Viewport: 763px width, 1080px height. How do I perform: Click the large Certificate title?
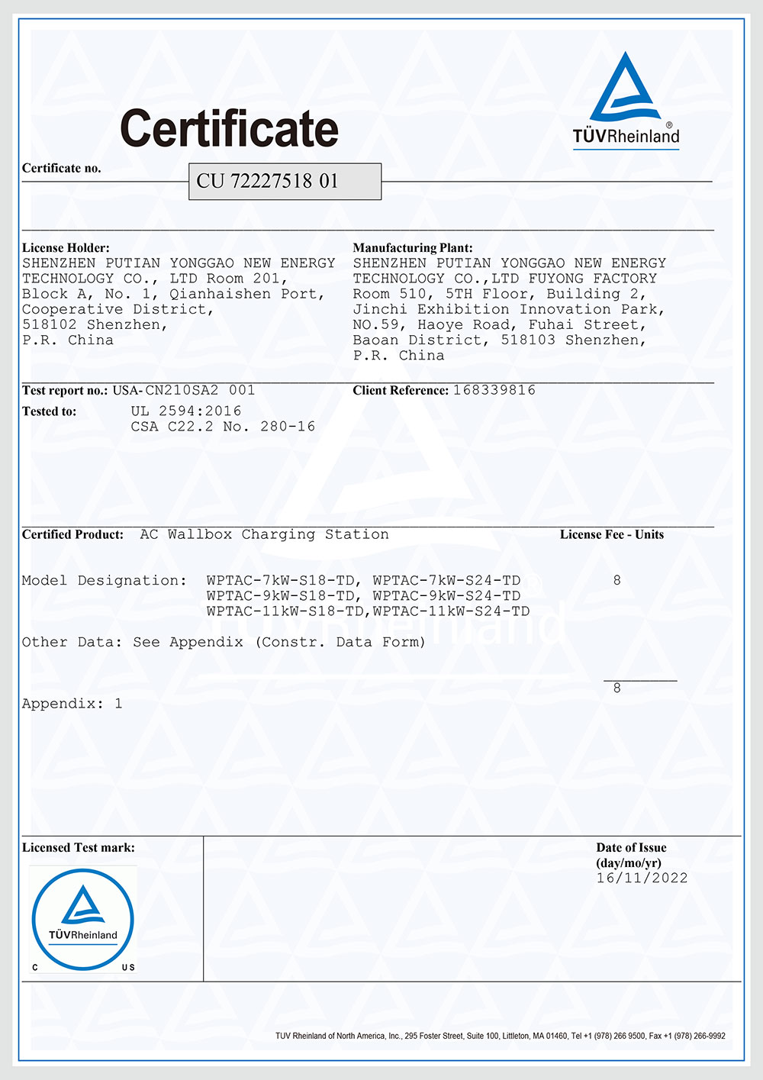point(229,128)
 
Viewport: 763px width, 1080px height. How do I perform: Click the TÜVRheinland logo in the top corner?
point(626,99)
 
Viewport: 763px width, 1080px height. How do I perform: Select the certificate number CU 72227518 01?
point(267,181)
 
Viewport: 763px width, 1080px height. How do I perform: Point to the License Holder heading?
point(66,248)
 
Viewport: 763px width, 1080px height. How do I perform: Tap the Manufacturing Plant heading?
point(413,248)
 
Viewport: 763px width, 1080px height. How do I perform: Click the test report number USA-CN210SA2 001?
point(184,390)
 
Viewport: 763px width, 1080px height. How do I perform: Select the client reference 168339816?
point(494,390)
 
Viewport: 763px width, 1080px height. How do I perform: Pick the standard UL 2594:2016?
point(186,411)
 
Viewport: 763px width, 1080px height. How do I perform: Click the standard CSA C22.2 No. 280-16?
point(223,427)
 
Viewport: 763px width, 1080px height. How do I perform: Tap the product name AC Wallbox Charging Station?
point(264,534)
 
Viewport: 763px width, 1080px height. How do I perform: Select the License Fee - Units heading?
point(612,534)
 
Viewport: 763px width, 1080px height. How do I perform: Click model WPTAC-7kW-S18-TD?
point(281,581)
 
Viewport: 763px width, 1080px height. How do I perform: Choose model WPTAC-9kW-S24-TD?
point(447,596)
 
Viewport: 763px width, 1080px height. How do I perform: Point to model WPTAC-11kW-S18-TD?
point(285,611)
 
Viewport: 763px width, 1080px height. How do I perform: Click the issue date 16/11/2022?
point(642,879)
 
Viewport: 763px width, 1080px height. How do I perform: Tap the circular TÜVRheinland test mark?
point(82,919)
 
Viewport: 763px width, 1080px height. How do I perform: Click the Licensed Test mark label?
point(78,847)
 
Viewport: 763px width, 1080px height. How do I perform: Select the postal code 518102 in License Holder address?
point(50,325)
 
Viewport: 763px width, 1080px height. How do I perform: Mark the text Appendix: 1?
point(72,704)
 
